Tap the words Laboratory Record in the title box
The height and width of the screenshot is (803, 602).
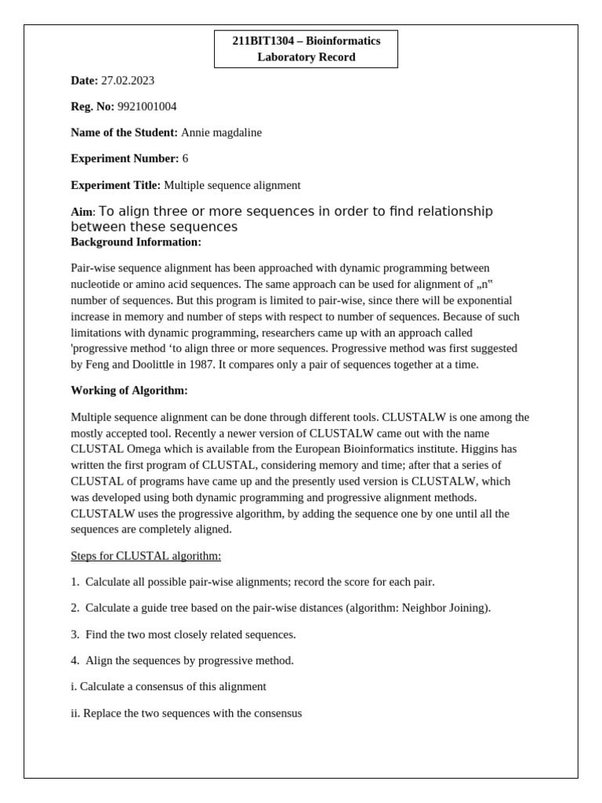tap(306, 57)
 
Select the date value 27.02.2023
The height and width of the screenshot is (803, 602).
tap(128, 81)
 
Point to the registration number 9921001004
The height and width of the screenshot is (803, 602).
tap(147, 107)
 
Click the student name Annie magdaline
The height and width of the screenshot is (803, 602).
tap(221, 133)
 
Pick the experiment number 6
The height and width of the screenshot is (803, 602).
tap(185, 158)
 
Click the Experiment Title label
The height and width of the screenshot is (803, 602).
tap(115, 185)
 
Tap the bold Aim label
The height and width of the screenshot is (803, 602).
tap(82, 213)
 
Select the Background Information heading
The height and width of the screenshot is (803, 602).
tap(136, 242)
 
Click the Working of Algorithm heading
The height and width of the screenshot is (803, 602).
tap(129, 391)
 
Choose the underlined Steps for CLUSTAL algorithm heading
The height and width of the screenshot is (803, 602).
tap(146, 556)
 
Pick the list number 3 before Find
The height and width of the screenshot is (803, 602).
tap(74, 634)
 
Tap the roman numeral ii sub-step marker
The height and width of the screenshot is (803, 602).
tap(75, 714)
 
